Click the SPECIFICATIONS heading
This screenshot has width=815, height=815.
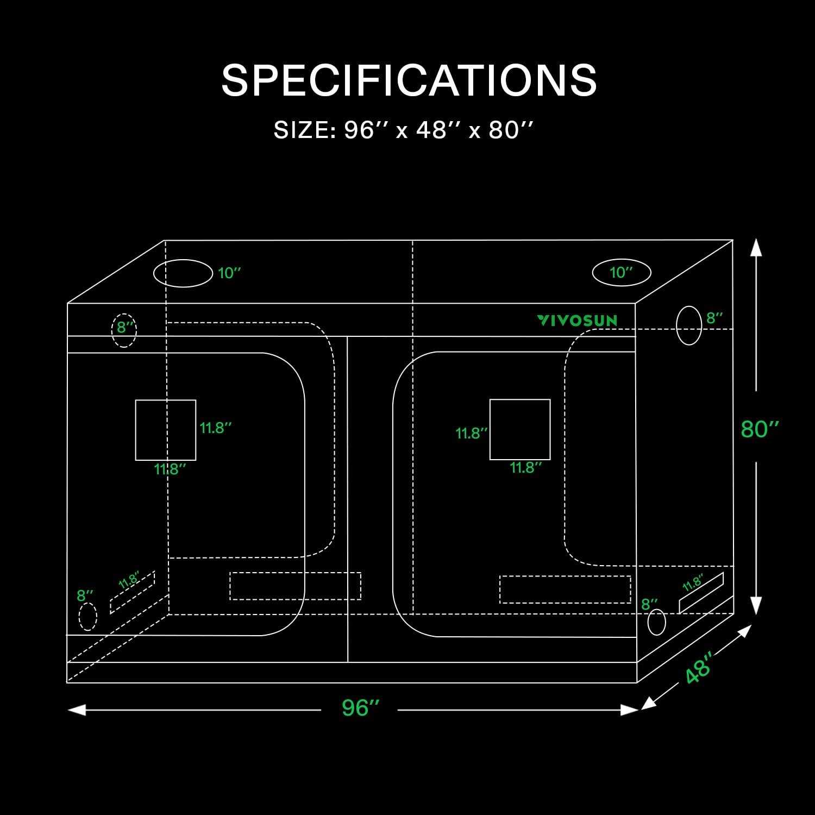(x=409, y=80)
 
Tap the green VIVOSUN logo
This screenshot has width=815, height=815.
(x=578, y=321)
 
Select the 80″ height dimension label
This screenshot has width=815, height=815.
(x=760, y=429)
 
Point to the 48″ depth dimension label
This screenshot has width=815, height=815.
(x=699, y=668)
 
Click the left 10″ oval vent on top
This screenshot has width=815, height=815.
(x=154, y=273)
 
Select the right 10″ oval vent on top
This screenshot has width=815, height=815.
(x=593, y=273)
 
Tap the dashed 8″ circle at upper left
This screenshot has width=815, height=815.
(x=113, y=330)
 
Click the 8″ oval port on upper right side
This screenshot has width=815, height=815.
(x=677, y=325)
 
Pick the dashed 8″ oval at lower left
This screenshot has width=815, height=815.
(x=79, y=617)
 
